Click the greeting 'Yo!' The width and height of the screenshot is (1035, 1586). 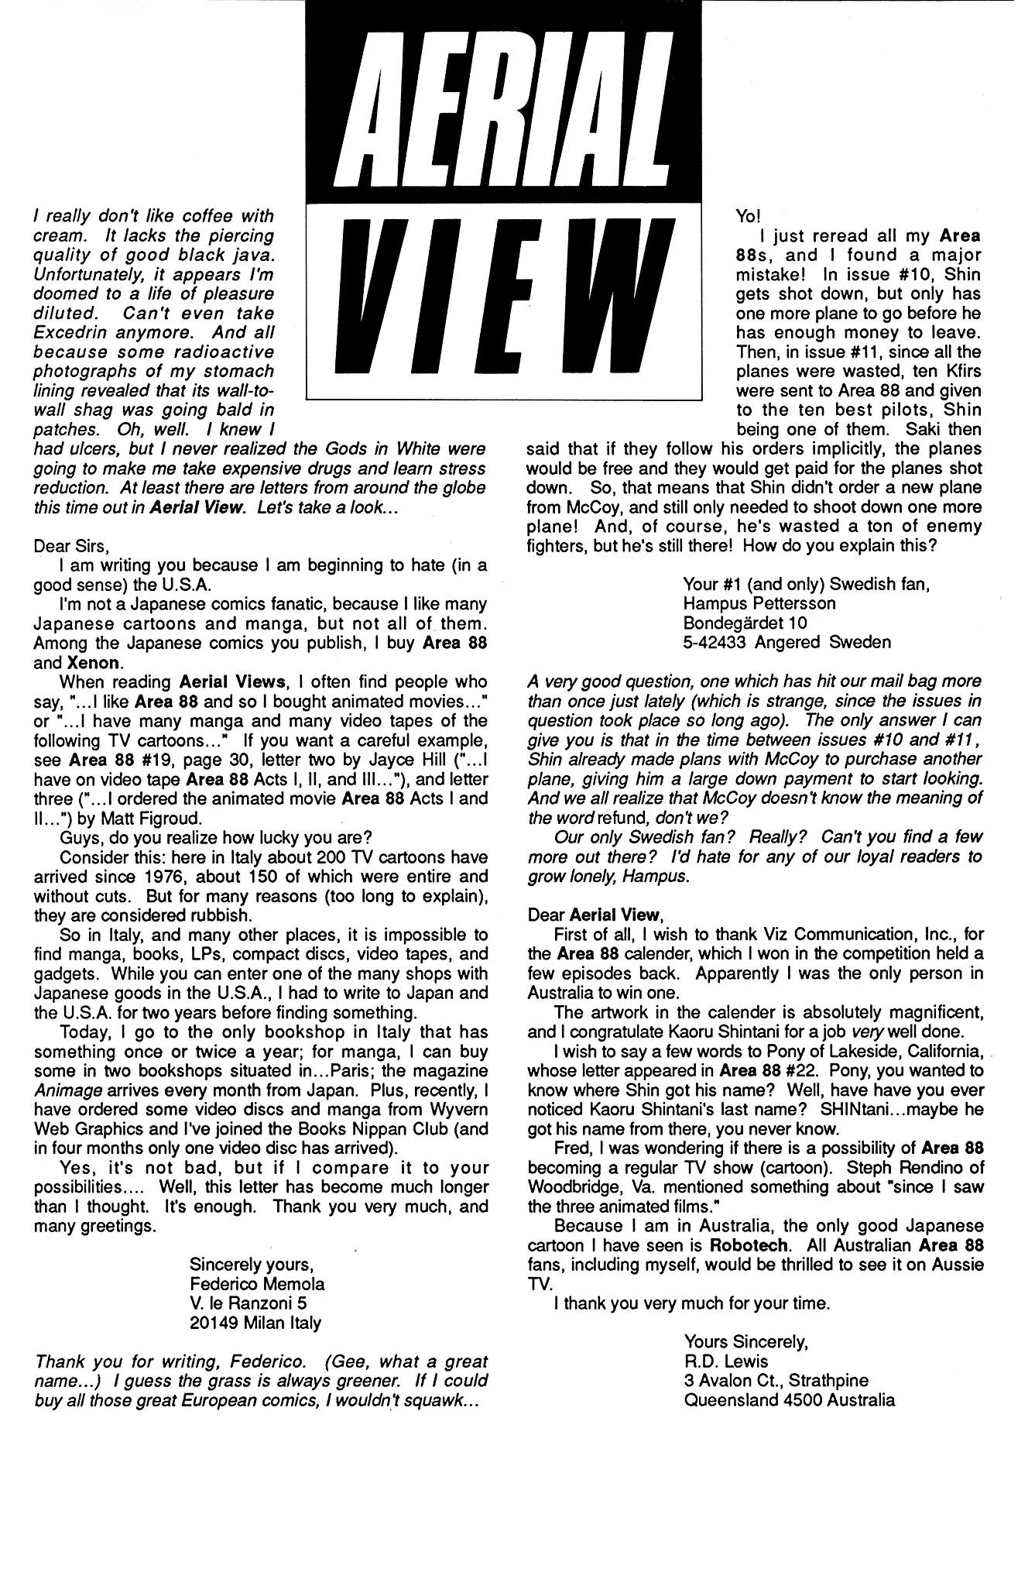point(748,216)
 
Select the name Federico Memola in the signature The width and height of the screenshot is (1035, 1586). point(257,1284)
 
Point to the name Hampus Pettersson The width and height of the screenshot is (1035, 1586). point(759,603)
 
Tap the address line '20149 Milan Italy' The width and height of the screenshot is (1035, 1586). point(255,1323)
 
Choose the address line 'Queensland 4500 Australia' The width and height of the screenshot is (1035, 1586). point(790,1400)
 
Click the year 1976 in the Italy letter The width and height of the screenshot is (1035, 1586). point(170,877)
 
